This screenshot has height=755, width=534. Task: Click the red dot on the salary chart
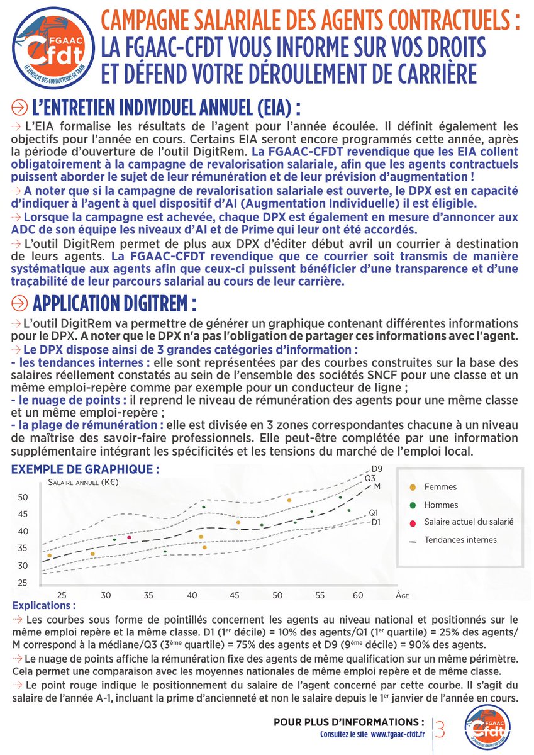click(x=129, y=537)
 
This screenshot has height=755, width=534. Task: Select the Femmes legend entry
click(x=440, y=487)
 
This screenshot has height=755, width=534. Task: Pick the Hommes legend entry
click(x=441, y=505)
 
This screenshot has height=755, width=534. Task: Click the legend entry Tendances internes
click(x=460, y=540)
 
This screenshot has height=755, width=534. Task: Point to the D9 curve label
click(x=377, y=469)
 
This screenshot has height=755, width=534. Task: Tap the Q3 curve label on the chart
click(x=371, y=478)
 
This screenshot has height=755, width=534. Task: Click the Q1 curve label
click(x=374, y=512)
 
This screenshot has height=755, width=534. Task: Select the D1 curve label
click(x=376, y=522)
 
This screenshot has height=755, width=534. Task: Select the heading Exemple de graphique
click(x=81, y=469)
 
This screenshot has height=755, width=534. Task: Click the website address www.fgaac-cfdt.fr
click(x=396, y=734)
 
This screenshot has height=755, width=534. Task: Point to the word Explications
click(x=43, y=607)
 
